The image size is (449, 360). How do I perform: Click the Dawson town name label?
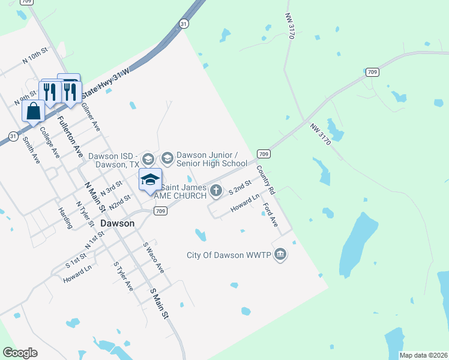click(x=118, y=223)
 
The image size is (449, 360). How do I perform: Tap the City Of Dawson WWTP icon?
click(x=280, y=255)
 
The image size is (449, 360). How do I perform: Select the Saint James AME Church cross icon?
click(x=216, y=191)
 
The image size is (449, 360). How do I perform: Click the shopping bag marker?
click(x=34, y=111)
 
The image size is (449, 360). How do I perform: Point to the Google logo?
click(x=20, y=353)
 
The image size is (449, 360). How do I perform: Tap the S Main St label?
click(x=160, y=303)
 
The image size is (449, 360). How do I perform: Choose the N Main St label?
click(x=95, y=197)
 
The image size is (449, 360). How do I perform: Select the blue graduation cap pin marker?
click(x=151, y=179)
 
